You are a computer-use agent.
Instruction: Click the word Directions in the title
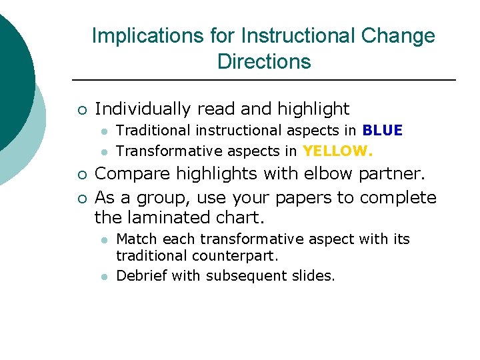[264, 62]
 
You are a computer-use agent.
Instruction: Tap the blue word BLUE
[383, 131]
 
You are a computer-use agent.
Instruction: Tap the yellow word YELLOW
[337, 151]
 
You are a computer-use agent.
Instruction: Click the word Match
[136, 239]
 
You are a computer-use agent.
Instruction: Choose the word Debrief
[141, 275]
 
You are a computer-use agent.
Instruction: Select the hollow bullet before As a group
[80, 198]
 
